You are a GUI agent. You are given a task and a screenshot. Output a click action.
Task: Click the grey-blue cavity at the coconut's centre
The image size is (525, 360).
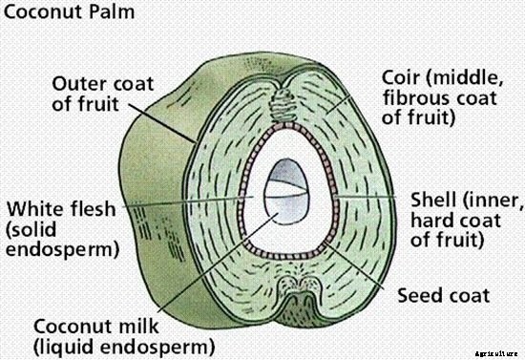(283, 191)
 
